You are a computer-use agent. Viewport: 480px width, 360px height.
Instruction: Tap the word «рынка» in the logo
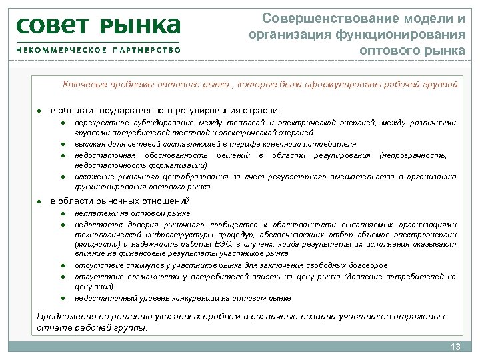[x=141, y=26]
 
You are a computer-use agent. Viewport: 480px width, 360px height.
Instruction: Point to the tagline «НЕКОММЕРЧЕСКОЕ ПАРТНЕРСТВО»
[x=98, y=50]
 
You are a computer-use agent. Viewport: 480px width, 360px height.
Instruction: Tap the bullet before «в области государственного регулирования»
[x=40, y=109]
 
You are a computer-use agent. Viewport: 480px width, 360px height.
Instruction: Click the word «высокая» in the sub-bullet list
[x=88, y=144]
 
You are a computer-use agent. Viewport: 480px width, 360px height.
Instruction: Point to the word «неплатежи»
[x=94, y=214]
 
